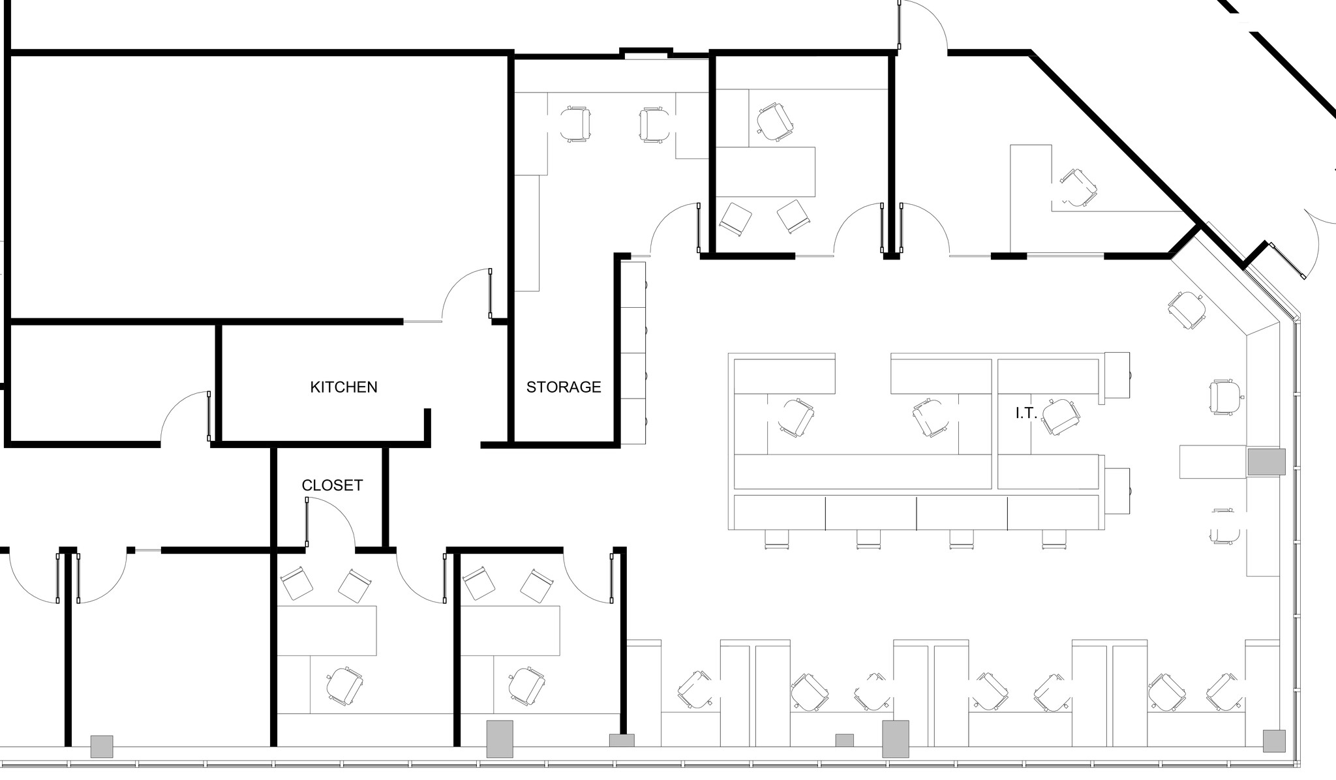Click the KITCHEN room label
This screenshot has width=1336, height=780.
343,387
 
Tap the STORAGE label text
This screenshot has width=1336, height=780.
564,387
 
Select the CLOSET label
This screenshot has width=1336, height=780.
332,485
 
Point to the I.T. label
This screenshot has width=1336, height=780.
1025,413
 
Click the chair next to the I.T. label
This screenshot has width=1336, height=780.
1060,417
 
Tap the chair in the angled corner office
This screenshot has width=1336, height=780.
1078,188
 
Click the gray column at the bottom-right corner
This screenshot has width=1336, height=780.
1274,741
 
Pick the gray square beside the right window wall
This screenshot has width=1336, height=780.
1266,461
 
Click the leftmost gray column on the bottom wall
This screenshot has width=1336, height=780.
101,746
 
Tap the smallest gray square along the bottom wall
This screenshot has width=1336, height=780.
844,740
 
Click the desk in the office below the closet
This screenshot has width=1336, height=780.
326,630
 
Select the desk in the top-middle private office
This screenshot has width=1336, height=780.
766,172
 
